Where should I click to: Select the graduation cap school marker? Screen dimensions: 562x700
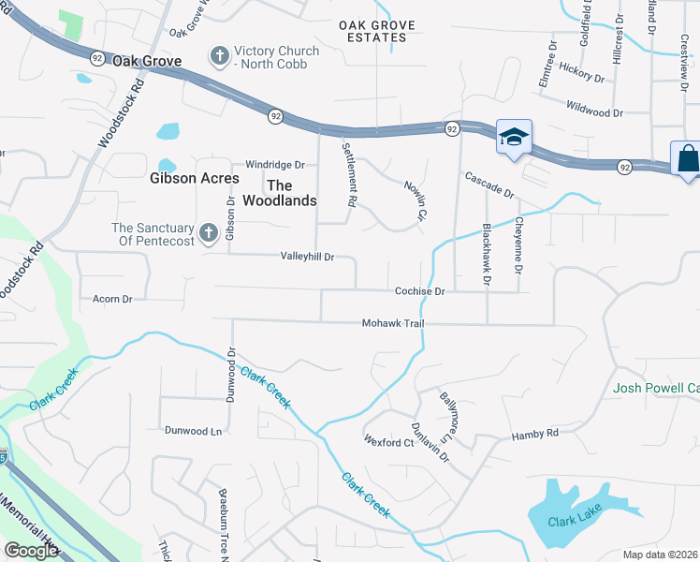click(x=513, y=137)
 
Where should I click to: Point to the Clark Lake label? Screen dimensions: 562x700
click(x=573, y=522)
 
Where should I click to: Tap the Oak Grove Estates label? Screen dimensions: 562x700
click(x=373, y=31)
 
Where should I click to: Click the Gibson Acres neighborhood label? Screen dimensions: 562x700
click(x=195, y=178)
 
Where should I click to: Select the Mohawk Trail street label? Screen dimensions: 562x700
click(x=394, y=323)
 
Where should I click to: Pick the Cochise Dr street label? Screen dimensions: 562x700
click(x=418, y=291)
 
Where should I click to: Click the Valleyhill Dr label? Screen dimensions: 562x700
click(x=307, y=256)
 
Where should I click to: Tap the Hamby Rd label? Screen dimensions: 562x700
click(x=534, y=434)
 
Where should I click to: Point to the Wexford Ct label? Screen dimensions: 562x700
click(x=388, y=442)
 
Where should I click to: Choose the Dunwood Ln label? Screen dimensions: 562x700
click(x=193, y=431)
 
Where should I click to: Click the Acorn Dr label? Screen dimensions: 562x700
click(x=112, y=299)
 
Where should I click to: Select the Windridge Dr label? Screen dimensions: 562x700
click(x=275, y=164)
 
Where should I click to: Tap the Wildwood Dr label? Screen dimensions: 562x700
click(x=593, y=112)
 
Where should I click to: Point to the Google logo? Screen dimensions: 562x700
click(x=31, y=550)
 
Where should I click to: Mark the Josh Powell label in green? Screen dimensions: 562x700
click(x=656, y=388)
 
